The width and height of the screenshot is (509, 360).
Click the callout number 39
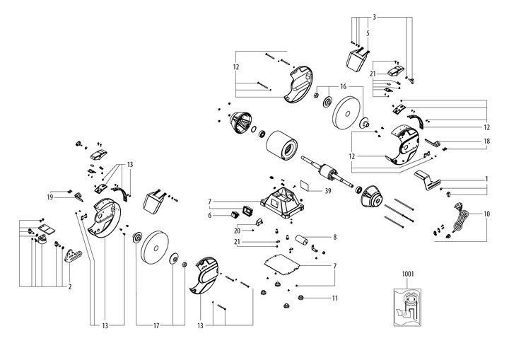pos(328,190)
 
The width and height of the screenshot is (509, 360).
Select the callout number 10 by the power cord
pos(487,214)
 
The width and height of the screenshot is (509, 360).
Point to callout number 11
pos(335,298)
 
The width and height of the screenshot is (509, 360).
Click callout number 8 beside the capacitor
pos(335,237)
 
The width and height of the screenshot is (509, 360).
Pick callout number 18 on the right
pos(487,141)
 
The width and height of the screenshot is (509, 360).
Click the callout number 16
pos(344,86)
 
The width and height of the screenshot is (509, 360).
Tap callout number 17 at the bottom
pos(156,325)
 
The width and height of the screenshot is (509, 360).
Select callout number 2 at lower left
pos(69,286)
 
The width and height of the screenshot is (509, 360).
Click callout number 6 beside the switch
pos(210,215)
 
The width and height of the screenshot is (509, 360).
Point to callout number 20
pos(238,230)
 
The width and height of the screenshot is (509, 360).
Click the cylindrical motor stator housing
pos(282,150)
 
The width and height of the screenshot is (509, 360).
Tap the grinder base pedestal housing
pos(283,200)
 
